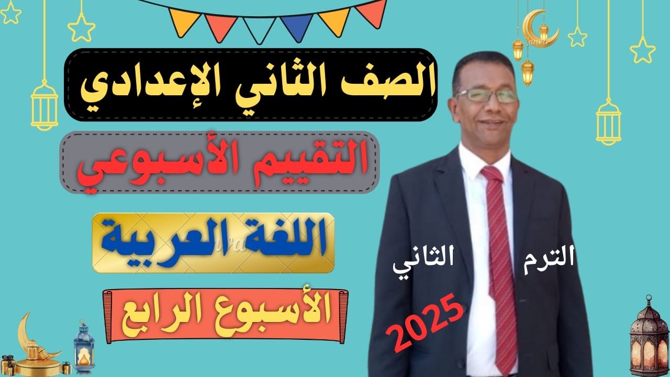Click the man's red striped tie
pos(499,262)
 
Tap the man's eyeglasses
pos(487,95)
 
